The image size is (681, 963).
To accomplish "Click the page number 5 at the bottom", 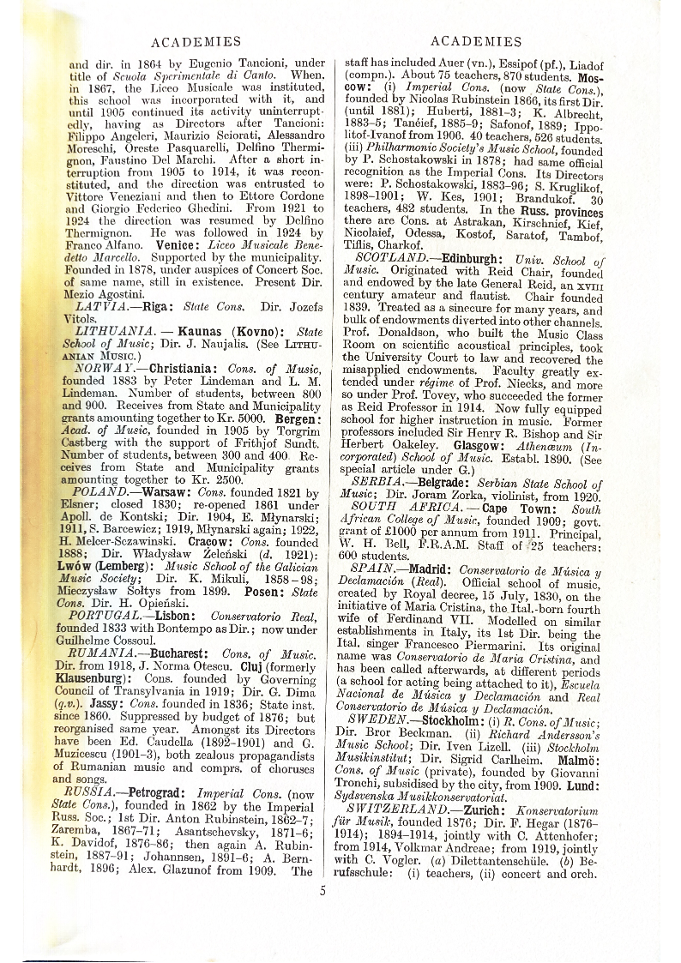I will [x=323, y=890].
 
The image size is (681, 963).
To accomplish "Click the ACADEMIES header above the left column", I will [x=196, y=41].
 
